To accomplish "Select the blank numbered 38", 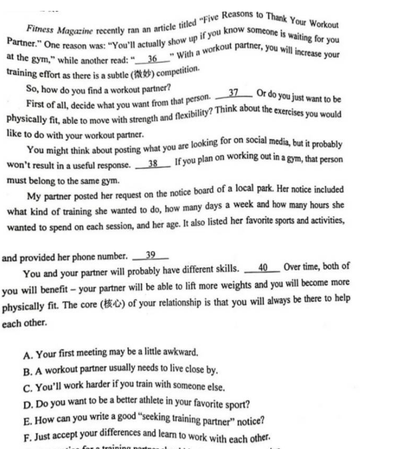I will tap(153, 164).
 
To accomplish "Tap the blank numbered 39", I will tap(150, 255).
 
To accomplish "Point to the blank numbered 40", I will tap(262, 267).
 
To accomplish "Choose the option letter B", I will tap(27, 371).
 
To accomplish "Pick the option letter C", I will tap(27, 388).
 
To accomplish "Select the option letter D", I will tap(27, 405).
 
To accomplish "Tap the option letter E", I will tap(27, 422).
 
